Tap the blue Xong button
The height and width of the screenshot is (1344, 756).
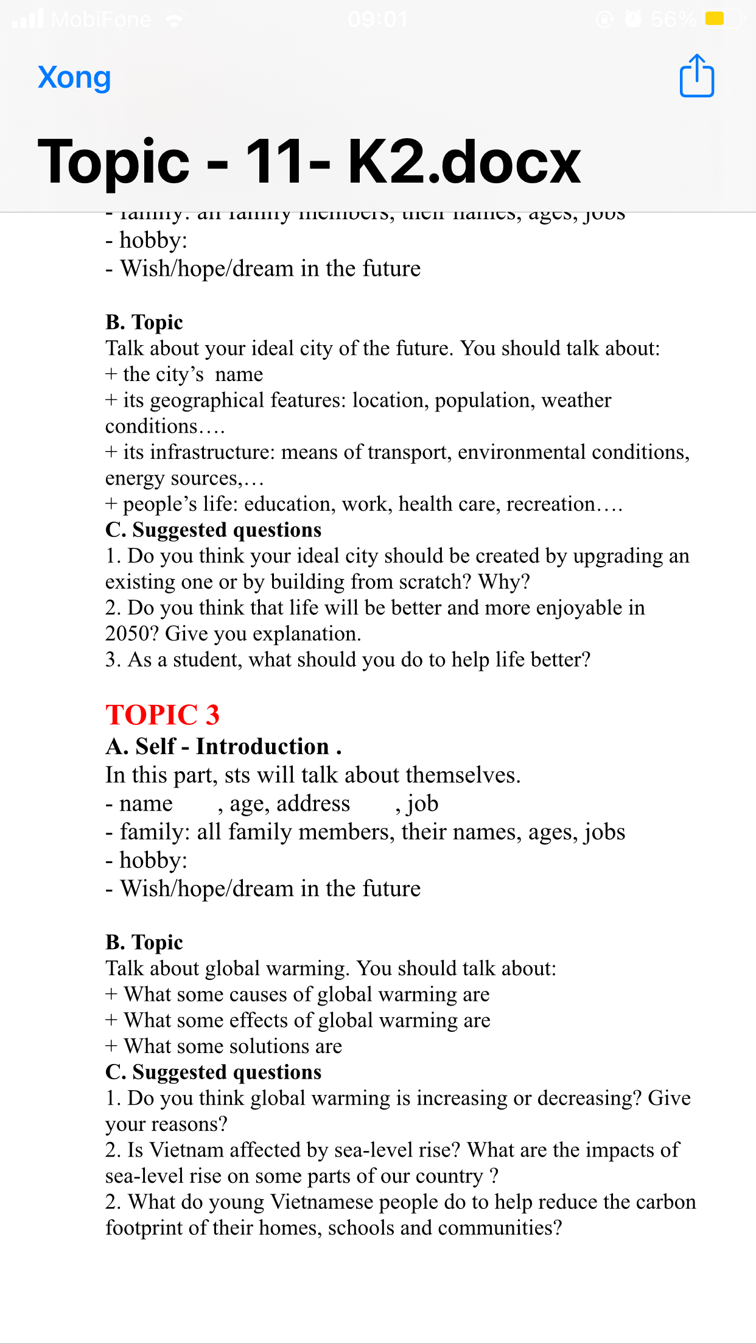pos(74,77)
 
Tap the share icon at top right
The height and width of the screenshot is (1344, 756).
pos(696,76)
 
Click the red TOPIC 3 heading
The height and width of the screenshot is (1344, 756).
pos(162,715)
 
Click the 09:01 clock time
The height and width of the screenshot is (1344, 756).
pos(377,20)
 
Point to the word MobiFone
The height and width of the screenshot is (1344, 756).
pos(101,20)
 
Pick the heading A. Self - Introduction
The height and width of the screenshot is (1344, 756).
pos(223,746)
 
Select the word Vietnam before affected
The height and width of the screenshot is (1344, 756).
pos(186,1150)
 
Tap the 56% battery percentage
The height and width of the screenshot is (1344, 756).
pos(673,20)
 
